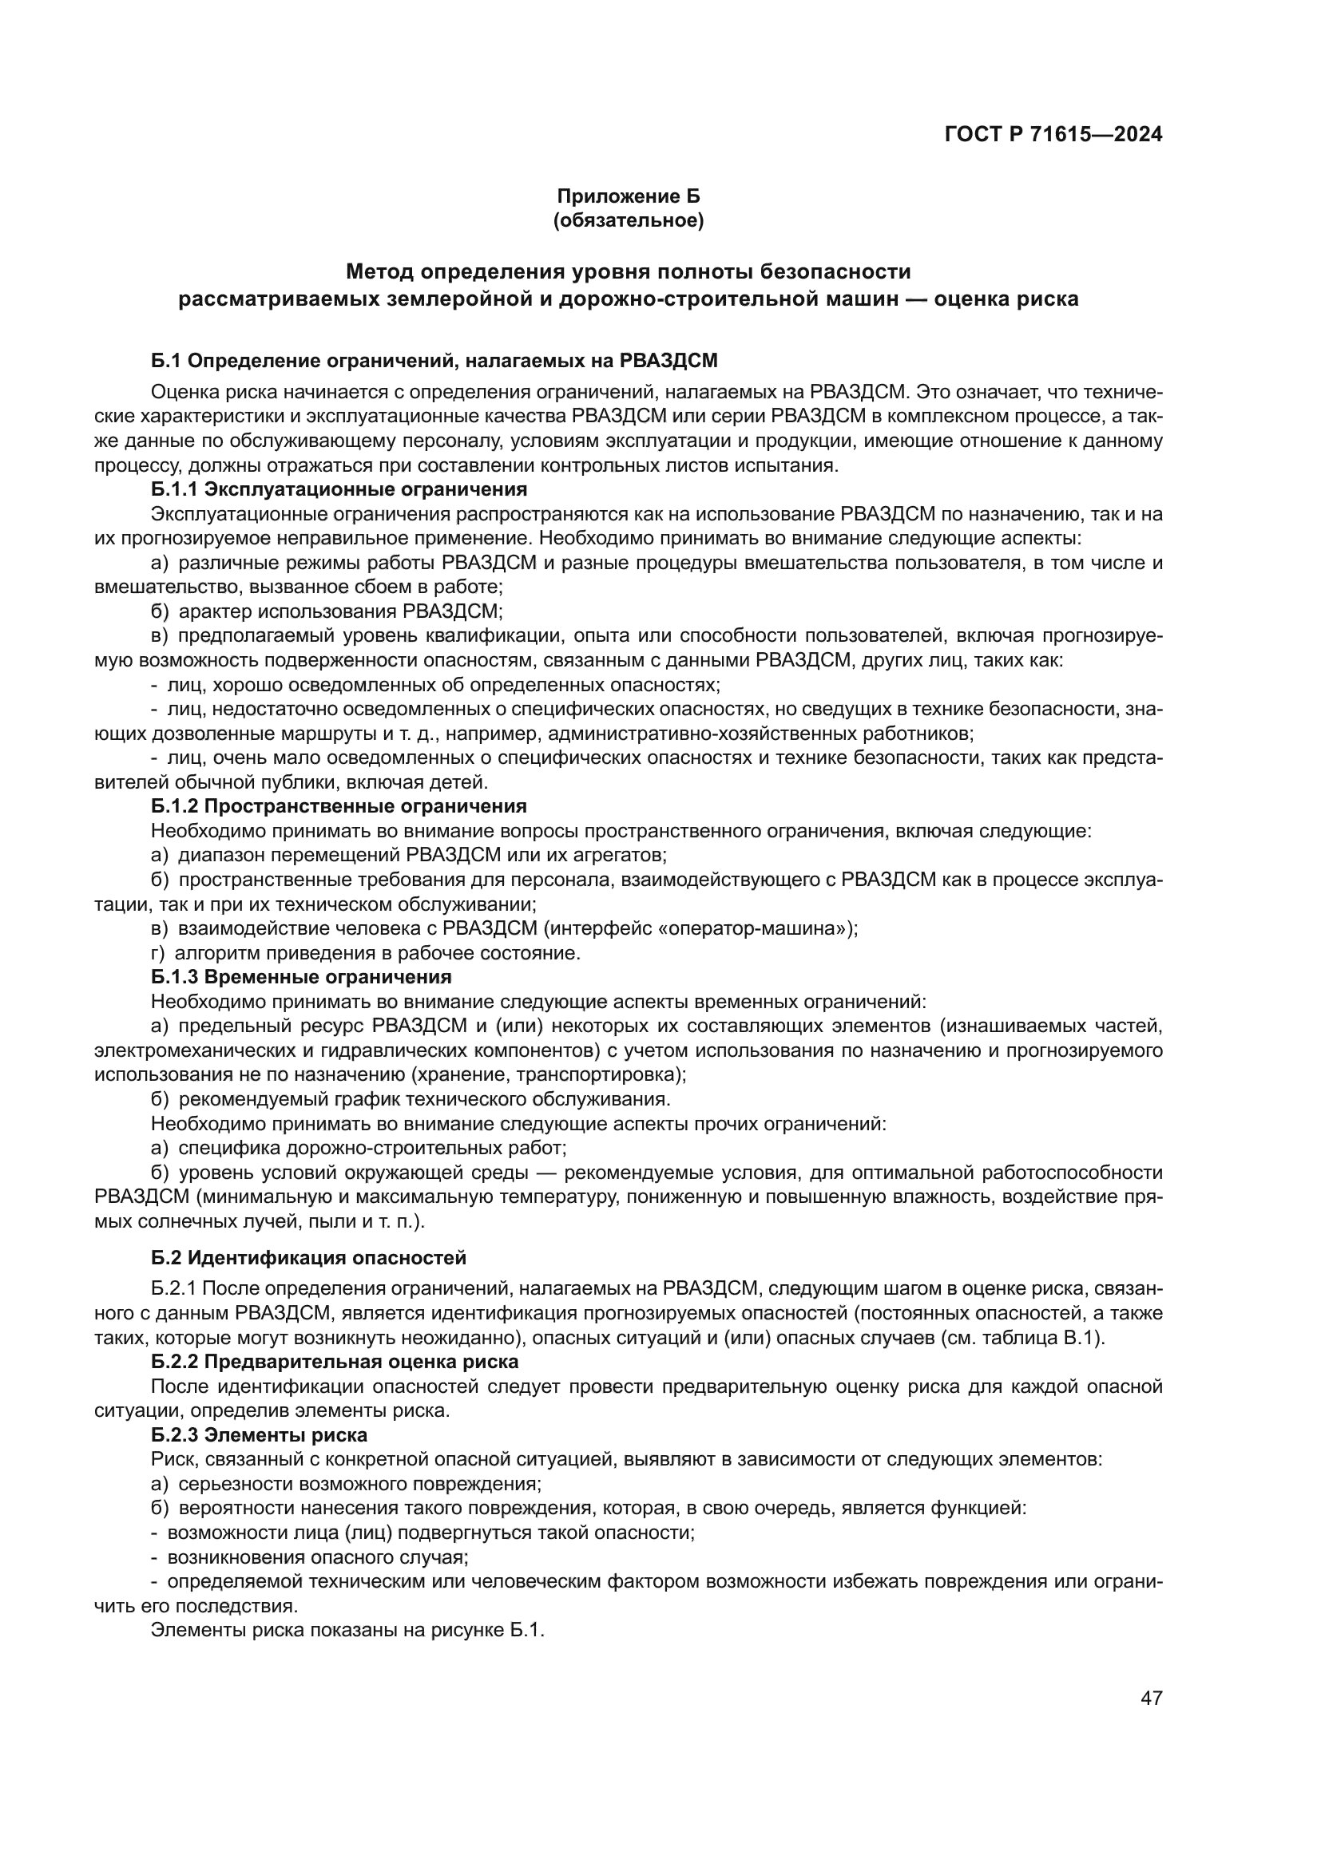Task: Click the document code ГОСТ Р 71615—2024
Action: pyautogui.click(x=1053, y=134)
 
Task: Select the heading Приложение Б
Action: pyautogui.click(x=628, y=197)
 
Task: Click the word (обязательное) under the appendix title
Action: pyautogui.click(x=628, y=220)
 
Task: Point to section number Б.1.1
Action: pyautogui.click(x=174, y=489)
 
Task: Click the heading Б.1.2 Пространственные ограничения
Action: pyautogui.click(x=339, y=806)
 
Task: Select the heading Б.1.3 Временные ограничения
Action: pyautogui.click(x=301, y=975)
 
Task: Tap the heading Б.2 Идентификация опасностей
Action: pyautogui.click(x=308, y=1258)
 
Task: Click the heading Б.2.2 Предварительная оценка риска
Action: pyautogui.click(x=335, y=1361)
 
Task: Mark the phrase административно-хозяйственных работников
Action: pyautogui.click(x=760, y=734)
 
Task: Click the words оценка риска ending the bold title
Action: pyautogui.click(x=1006, y=299)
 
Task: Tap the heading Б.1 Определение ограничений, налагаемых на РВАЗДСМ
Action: pyautogui.click(x=434, y=361)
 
